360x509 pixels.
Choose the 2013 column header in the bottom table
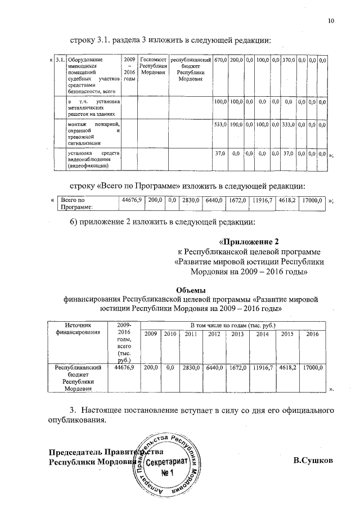[237, 335]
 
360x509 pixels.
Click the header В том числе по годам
[233, 325]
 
